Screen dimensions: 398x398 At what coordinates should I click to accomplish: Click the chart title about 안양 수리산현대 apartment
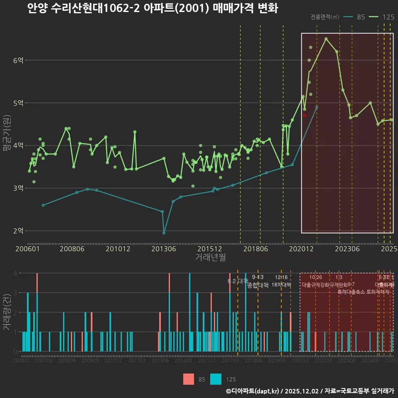pos(153,9)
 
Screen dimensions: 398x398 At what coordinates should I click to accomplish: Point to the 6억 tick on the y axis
pos(18,61)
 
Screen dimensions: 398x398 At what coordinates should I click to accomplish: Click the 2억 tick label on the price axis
pos(18,231)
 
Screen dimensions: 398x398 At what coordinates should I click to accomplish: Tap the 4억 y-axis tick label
pos(18,146)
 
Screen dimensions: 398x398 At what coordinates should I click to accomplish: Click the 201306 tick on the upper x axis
pos(163,249)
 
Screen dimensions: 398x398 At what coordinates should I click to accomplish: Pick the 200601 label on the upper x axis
pos(27,249)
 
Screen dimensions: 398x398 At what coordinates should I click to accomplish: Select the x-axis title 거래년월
pos(210,257)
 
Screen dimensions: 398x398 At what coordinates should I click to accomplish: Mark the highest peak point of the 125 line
pos(326,39)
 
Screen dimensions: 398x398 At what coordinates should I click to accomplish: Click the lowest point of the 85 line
pos(164,233)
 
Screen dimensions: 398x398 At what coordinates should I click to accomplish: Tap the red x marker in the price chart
pos(305,116)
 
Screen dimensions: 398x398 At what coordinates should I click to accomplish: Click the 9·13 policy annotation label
pos(257,277)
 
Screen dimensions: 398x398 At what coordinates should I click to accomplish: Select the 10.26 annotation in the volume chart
pos(315,277)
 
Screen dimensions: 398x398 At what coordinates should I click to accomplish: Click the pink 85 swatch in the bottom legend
pos(189,379)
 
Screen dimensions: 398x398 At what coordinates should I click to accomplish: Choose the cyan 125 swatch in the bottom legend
pos(216,379)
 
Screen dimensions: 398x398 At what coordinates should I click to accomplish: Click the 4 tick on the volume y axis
pos(15,273)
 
